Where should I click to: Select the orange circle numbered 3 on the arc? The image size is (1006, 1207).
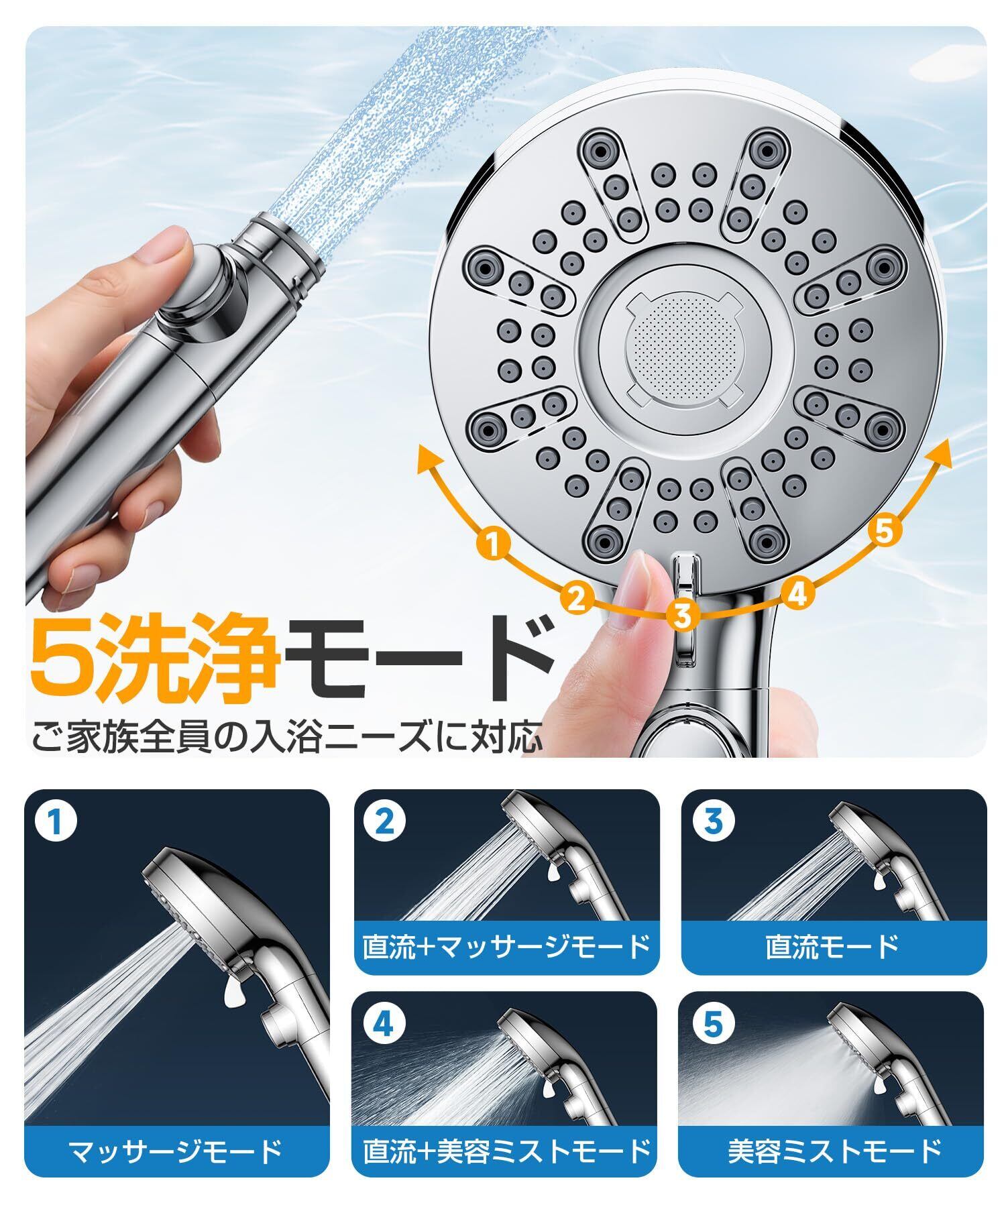click(x=683, y=615)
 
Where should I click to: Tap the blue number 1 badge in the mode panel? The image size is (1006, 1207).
click(x=56, y=823)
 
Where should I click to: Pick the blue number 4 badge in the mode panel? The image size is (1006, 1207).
click(x=383, y=1024)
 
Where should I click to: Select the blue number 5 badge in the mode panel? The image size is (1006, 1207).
click(x=712, y=1024)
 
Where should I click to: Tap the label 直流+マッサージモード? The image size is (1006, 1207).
click(x=506, y=947)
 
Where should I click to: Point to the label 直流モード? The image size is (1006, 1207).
click(x=832, y=947)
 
